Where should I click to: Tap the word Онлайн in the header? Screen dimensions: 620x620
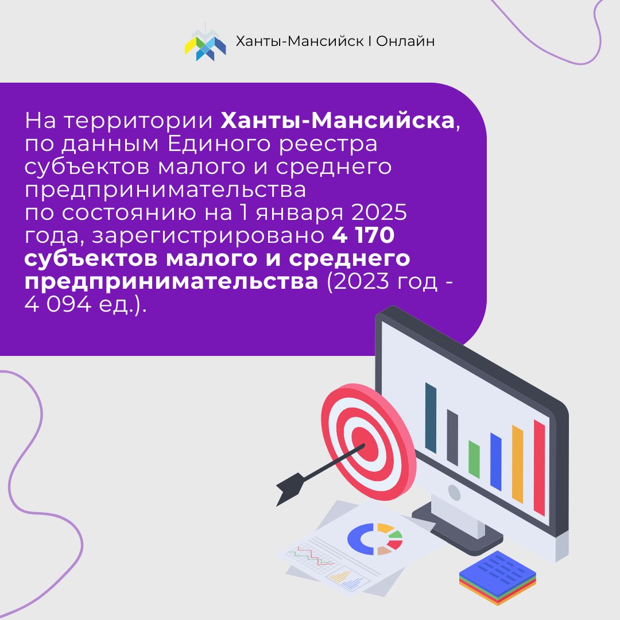(x=405, y=41)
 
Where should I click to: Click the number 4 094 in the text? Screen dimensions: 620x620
(x=58, y=304)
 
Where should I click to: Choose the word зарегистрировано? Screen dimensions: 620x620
(x=208, y=236)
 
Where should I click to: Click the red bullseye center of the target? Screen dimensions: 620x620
(x=363, y=441)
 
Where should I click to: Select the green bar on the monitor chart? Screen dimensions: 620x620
(x=474, y=459)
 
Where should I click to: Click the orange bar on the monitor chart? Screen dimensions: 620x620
(x=518, y=464)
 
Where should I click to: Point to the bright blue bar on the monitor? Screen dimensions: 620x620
(x=496, y=462)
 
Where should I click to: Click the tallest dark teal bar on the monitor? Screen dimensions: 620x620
(x=431, y=417)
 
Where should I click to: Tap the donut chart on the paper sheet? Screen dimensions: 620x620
(x=375, y=539)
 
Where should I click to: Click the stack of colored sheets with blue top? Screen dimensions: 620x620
(x=498, y=578)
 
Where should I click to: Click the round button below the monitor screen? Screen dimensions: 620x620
(x=454, y=493)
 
